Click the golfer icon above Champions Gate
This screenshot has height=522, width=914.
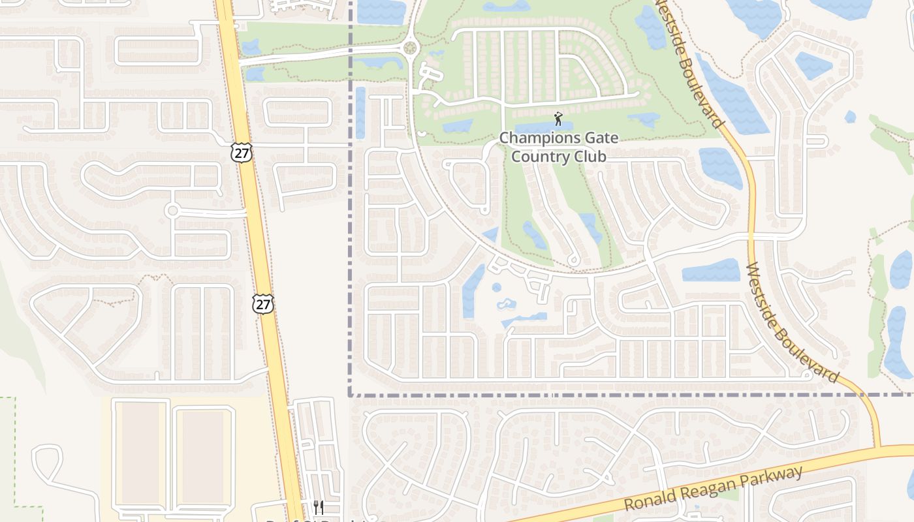(558, 119)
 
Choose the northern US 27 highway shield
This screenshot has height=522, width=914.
(241, 153)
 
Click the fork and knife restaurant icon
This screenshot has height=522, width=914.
(318, 506)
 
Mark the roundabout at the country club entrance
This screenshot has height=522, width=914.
(410, 48)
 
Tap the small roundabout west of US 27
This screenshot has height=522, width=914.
(172, 211)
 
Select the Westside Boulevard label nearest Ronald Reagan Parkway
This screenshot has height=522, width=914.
(791, 323)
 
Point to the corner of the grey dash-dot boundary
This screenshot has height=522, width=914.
(351, 395)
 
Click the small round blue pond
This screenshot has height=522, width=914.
(496, 287)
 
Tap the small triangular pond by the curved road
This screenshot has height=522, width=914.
(490, 235)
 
